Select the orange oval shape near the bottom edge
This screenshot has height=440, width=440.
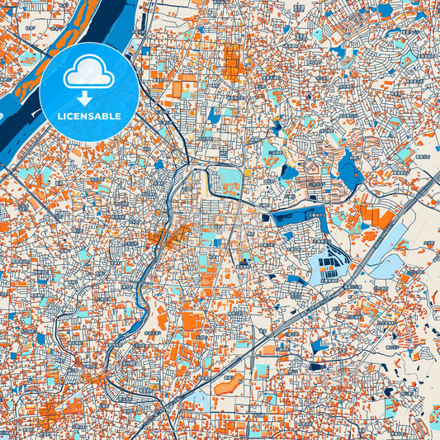[x=229, y=383]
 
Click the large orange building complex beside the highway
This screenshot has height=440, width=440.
[x=376, y=218]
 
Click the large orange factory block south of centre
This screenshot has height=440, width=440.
[x=191, y=321]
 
